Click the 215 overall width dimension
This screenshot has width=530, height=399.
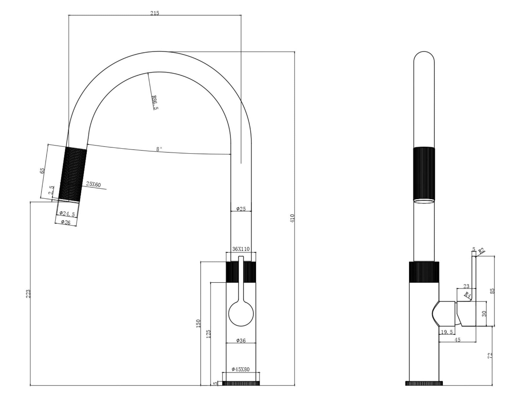pyautogui.click(x=155, y=13)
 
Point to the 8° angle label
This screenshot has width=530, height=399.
pyautogui.click(x=159, y=149)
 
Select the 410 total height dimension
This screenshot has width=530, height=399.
pyautogui.click(x=292, y=218)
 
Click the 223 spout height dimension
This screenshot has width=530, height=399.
pyautogui.click(x=28, y=293)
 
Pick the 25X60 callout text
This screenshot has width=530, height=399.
pyautogui.click(x=93, y=184)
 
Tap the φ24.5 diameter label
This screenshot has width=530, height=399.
pyautogui.click(x=67, y=214)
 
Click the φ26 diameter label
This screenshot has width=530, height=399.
pyautogui.click(x=66, y=222)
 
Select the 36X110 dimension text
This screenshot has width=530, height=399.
pyautogui.click(x=241, y=249)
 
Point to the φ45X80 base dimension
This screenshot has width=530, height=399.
pyautogui.click(x=241, y=369)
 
